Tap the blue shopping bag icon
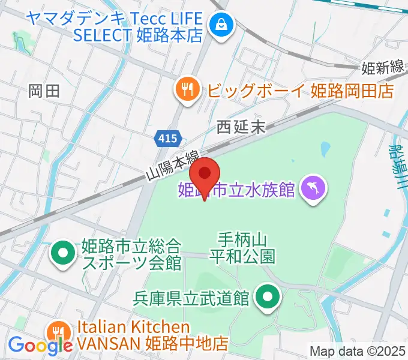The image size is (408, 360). [221, 25]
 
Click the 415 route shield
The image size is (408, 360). [168, 139]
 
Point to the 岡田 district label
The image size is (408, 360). [44, 91]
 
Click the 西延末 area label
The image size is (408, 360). [241, 127]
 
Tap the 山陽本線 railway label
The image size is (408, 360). [173, 166]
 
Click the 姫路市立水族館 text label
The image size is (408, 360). [237, 190]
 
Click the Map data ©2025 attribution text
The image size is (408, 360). [357, 351]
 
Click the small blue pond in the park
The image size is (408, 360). [326, 148]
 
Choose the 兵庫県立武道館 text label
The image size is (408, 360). [191, 298]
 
